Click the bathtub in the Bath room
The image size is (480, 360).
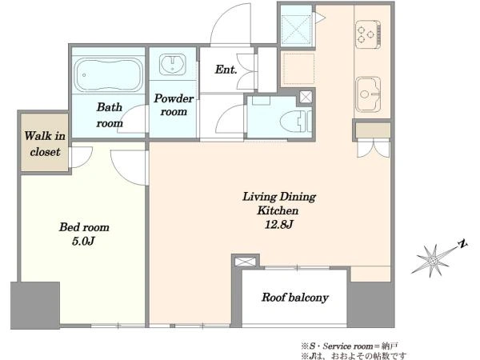pos(109,74)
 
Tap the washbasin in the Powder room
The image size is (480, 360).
pos(172,64)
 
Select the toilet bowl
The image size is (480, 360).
pos(296,122)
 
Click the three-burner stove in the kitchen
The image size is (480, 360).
pos(368,34)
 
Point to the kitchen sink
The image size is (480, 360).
pos(368,94)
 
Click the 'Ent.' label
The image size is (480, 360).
pos(226,70)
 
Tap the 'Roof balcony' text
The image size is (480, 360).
pos(295,298)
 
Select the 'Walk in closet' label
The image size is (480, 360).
pos(45,143)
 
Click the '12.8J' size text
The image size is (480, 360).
pos(279,225)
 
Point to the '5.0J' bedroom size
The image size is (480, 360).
pos(83,242)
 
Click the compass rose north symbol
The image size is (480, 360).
pos(433,261)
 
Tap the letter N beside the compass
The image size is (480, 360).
pos(462,244)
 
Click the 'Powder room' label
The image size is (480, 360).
pos(174,105)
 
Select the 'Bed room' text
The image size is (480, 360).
pos(84,227)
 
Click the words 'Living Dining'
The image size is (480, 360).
pos(279,197)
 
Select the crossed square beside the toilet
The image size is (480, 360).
pos(306,97)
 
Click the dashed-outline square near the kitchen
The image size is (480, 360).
pos(298,68)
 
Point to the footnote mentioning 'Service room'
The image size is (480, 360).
pos(350,346)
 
